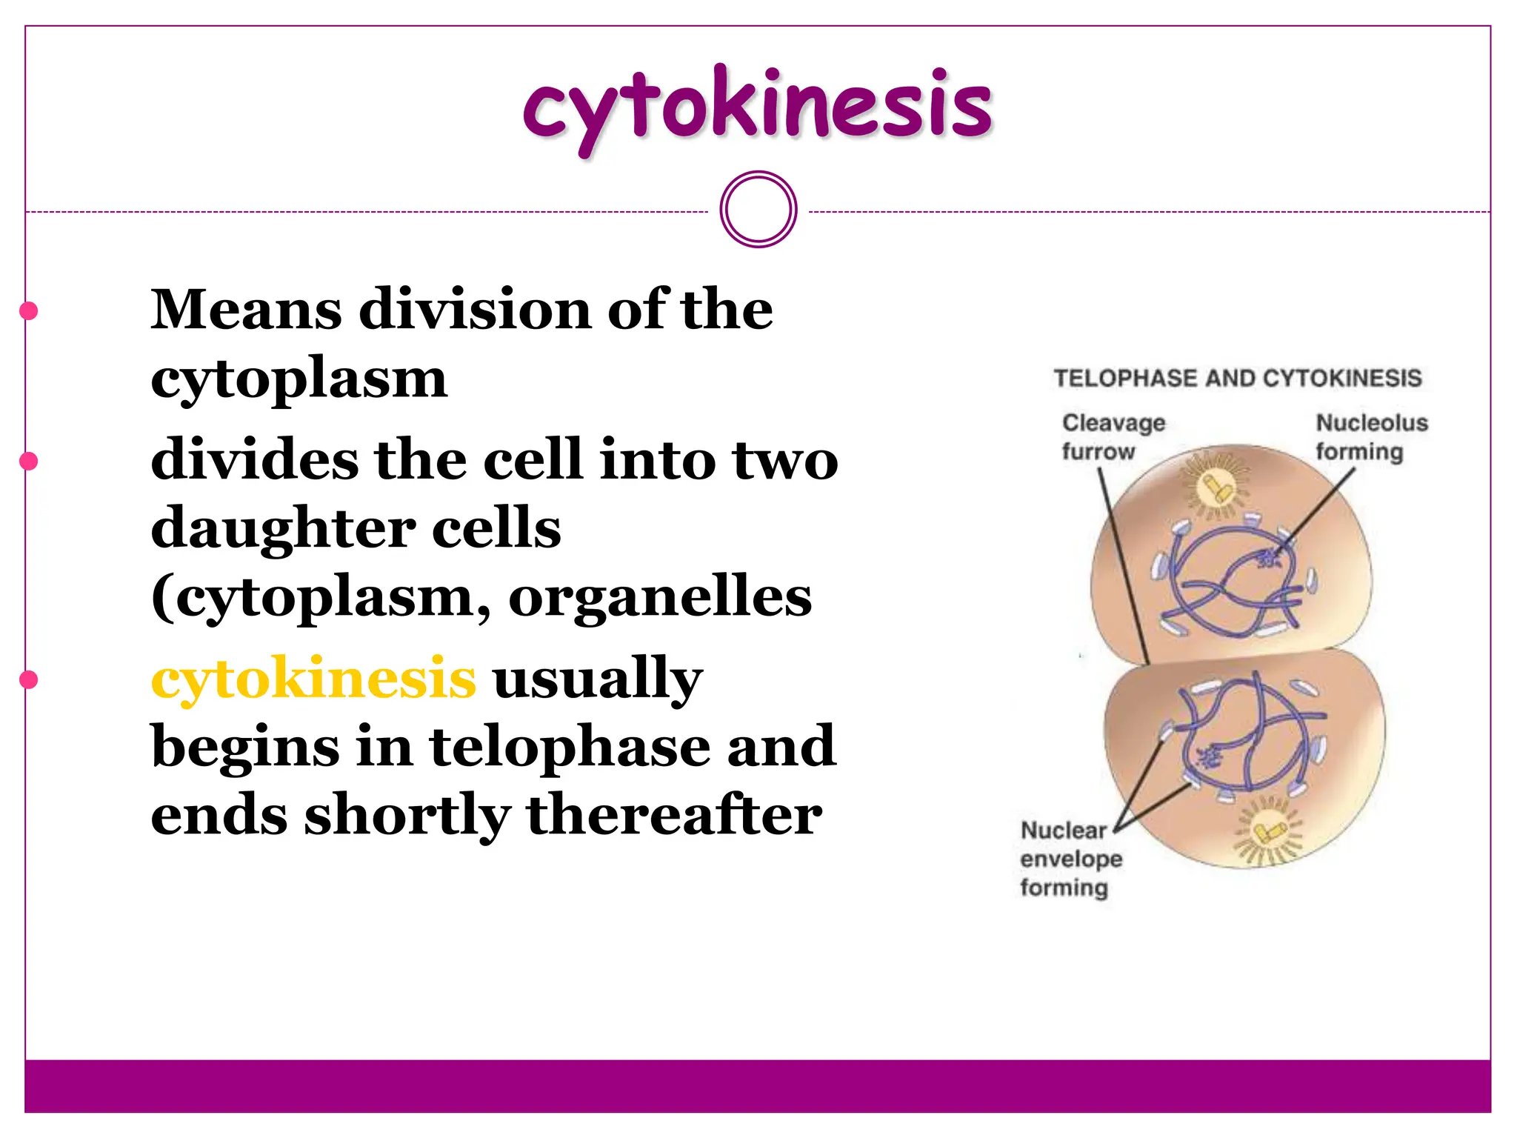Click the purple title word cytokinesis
(x=757, y=107)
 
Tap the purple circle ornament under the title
(x=758, y=210)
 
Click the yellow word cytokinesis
(x=313, y=678)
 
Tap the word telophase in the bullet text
(x=569, y=746)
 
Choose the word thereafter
(x=674, y=815)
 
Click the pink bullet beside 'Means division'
(x=29, y=311)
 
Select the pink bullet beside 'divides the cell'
(x=29, y=462)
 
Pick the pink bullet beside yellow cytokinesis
(x=29, y=680)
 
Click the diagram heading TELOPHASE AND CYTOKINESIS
(x=1238, y=379)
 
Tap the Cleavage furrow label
(x=1113, y=437)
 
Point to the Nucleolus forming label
(x=1371, y=437)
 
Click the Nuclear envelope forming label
(x=1070, y=859)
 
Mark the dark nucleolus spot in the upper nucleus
(x=1268, y=558)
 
